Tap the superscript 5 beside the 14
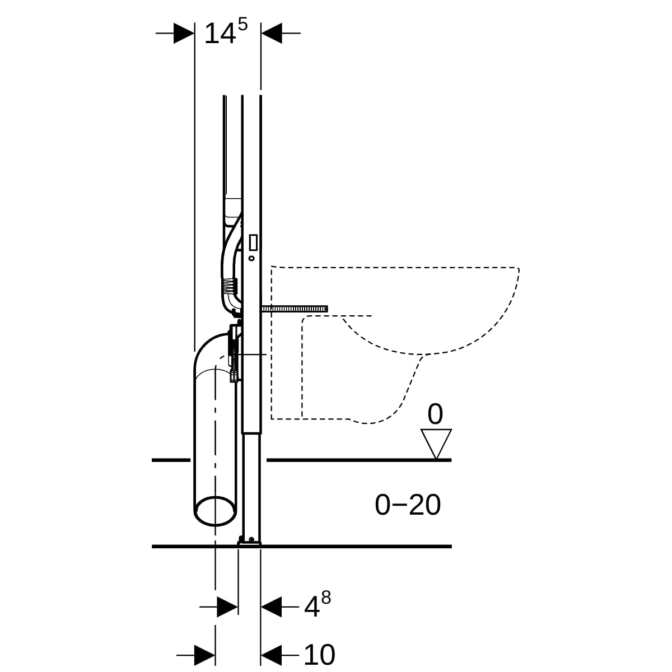242,25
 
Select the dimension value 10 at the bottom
319,655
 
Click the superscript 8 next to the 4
326,598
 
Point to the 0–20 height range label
408,505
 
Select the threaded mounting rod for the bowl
295,309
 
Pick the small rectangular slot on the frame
253,242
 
